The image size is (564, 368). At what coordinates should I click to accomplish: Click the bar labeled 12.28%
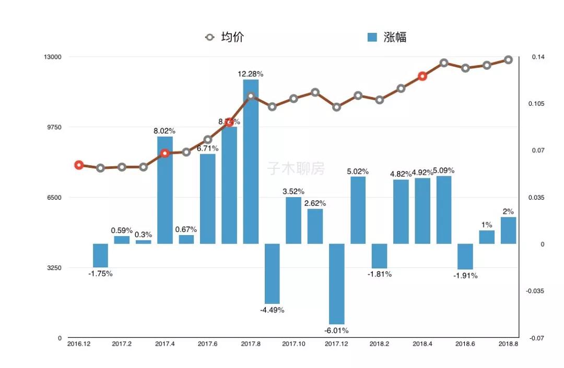point(251,162)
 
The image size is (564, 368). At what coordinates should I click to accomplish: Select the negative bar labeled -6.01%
point(337,284)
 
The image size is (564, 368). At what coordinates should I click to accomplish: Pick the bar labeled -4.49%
point(272,273)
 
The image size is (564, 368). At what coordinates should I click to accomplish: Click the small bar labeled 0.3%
point(144,242)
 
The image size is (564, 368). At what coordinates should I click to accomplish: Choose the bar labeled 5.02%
point(358,210)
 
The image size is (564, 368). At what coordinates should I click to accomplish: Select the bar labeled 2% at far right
point(508,230)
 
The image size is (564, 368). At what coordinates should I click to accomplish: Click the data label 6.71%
point(208,149)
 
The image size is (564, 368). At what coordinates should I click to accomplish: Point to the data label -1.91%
point(465,275)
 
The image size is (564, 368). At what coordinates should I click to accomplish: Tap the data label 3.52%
point(293,191)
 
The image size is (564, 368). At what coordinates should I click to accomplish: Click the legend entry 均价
point(225,37)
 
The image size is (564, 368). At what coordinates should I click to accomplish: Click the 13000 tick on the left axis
point(52,57)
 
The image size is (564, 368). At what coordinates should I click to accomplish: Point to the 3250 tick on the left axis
point(54,268)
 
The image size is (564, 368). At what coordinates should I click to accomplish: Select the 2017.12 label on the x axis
point(336,344)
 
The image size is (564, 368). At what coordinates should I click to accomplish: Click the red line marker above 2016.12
point(79,165)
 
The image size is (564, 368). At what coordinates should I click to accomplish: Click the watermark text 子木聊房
point(296,168)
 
